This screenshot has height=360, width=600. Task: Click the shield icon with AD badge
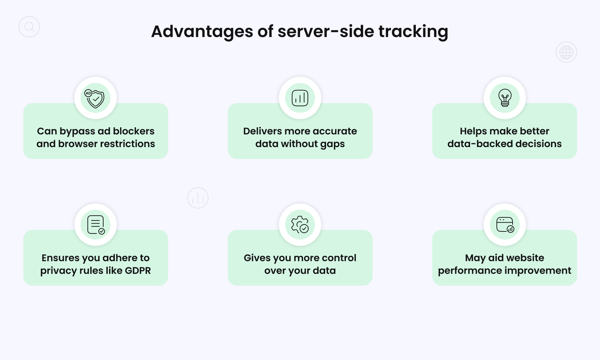[x=96, y=98]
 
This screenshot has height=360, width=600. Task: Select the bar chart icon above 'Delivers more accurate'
[x=300, y=98]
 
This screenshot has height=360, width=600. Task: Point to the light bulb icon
[x=505, y=98]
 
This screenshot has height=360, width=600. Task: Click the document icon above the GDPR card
[x=96, y=225]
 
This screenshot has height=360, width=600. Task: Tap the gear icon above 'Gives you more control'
[x=300, y=225]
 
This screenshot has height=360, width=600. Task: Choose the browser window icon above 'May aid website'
[x=505, y=225]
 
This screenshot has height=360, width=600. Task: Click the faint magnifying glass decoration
[x=29, y=27]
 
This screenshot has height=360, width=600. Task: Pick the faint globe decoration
[x=566, y=52]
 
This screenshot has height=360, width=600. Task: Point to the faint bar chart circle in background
[x=198, y=198]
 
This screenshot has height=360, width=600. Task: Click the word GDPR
[x=138, y=271]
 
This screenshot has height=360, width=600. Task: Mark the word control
[x=339, y=258]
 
